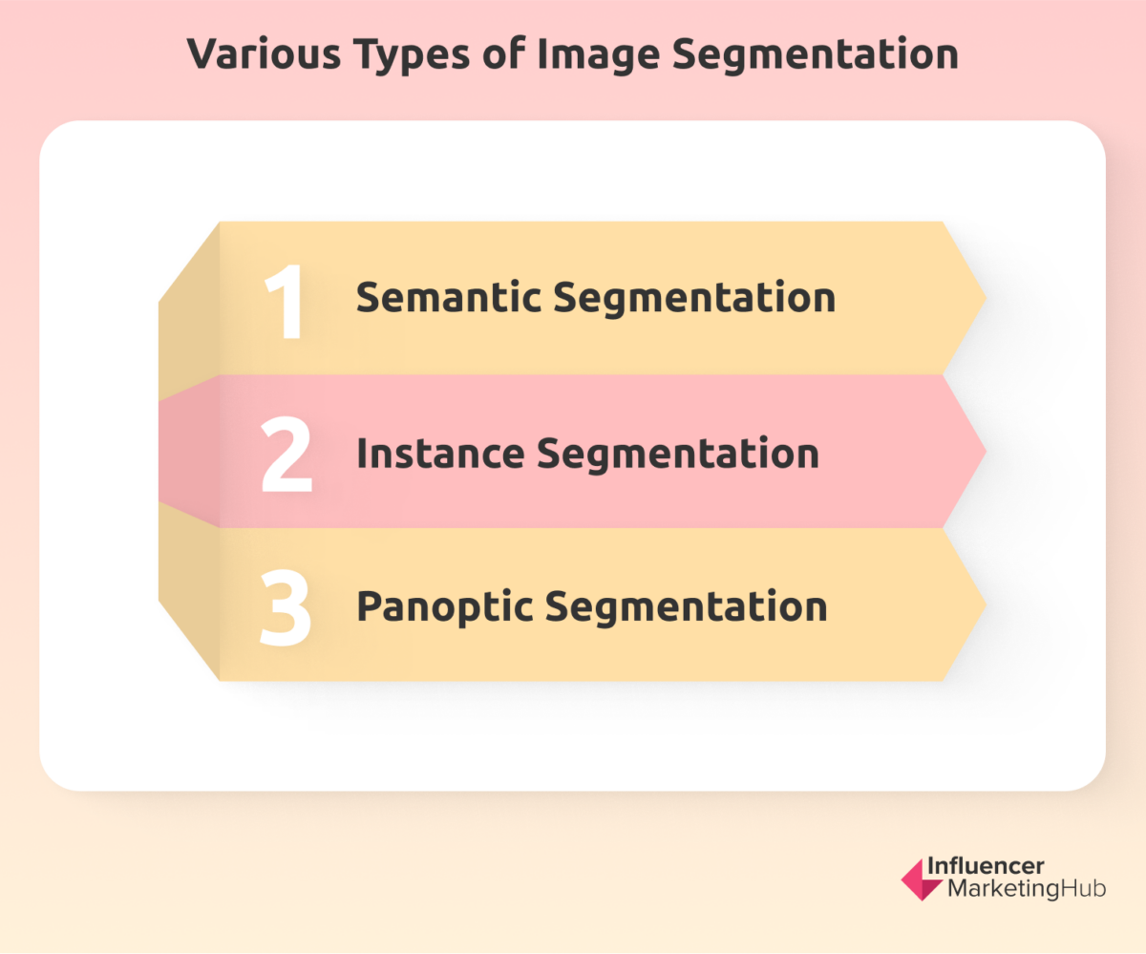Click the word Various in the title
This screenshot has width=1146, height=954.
coord(264,53)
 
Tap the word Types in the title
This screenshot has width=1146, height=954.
coord(412,56)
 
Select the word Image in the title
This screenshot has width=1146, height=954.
coord(598,56)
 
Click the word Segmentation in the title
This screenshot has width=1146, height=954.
coord(816,56)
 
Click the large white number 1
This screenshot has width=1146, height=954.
coord(285,301)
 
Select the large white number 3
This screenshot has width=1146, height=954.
coord(286,607)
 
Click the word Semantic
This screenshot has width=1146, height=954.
coord(449,297)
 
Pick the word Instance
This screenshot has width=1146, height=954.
coord(440,454)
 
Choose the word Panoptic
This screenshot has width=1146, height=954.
coord(445,608)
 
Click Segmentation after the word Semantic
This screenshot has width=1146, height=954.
coord(694,299)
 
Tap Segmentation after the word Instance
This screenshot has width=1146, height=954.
coord(678,456)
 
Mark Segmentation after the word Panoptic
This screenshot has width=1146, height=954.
coord(686,608)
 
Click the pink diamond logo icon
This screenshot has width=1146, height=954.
coord(921,880)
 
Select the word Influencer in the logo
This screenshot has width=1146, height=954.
coord(986,866)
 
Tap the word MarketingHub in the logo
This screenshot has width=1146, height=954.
coord(1027,889)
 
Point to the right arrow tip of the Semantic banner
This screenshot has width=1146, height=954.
coord(987,298)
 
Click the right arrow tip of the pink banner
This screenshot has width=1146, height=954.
coord(987,451)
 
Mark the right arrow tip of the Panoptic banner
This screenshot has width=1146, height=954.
coord(987,604)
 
